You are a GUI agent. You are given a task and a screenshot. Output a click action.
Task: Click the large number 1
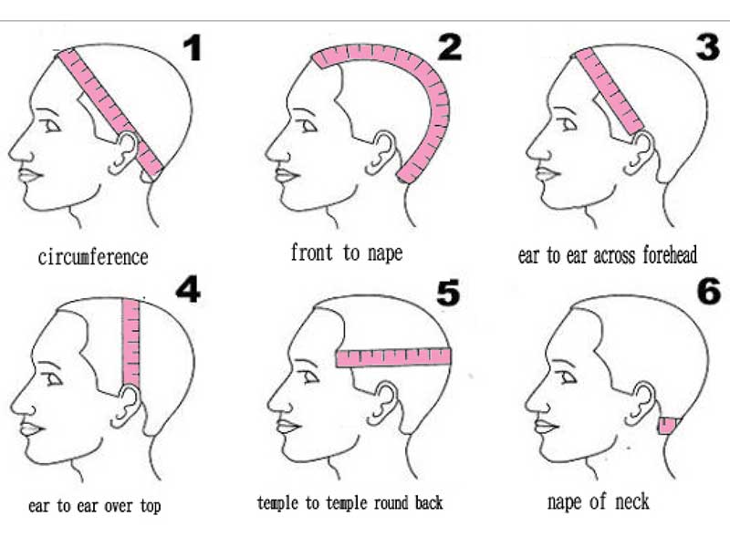coord(193,48)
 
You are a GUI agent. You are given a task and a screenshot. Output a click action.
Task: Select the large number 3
coord(708,46)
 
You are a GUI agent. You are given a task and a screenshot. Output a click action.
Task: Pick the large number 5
coord(448,293)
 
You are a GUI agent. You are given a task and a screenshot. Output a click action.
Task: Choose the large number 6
coord(709,291)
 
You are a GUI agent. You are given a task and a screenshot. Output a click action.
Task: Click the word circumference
coord(93,257)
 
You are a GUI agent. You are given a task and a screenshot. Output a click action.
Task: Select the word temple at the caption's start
coord(277,503)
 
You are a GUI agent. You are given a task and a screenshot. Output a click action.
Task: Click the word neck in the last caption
coord(631,501)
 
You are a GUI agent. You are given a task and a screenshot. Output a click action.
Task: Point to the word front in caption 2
coord(312,253)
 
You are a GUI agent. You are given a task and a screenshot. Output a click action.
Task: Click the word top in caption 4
coord(151,506)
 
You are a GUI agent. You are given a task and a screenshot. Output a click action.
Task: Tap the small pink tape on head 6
coord(668,426)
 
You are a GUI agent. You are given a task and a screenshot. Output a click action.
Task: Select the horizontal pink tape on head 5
coord(393,357)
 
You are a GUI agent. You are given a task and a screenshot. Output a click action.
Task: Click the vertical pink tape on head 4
coord(130,344)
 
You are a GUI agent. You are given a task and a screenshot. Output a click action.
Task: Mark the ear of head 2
coord(382,152)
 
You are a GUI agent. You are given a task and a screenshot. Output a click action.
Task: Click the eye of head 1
coord(51,126)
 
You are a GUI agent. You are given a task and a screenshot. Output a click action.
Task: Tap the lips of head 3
coord(547,173)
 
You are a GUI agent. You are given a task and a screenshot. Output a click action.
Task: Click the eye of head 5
coord(309,376)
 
